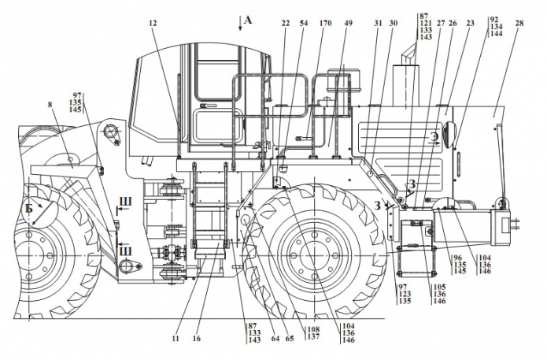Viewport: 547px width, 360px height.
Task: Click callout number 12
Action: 152,24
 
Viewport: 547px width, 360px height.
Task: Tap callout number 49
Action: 348,24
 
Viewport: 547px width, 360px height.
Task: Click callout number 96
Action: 457,257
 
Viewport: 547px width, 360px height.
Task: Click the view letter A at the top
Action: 248,20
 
